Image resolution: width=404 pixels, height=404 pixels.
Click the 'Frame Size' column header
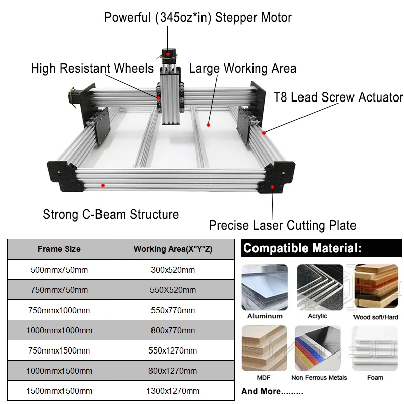click(59, 249)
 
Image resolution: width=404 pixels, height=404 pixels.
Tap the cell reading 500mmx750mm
click(59, 270)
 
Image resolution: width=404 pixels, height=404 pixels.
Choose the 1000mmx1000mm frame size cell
click(59, 330)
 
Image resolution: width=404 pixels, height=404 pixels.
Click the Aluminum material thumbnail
click(265, 287)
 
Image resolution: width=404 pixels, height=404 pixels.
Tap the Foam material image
click(375, 348)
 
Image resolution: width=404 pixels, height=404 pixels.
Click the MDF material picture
click(265, 348)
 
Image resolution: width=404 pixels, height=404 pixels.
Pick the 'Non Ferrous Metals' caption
click(319, 377)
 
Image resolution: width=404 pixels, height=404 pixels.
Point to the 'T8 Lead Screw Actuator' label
click(338, 97)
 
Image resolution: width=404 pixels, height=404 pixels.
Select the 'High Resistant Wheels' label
click(92, 68)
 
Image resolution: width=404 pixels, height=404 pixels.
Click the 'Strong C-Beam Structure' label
click(111, 214)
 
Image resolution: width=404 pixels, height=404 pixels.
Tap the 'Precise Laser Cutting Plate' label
click(282, 225)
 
